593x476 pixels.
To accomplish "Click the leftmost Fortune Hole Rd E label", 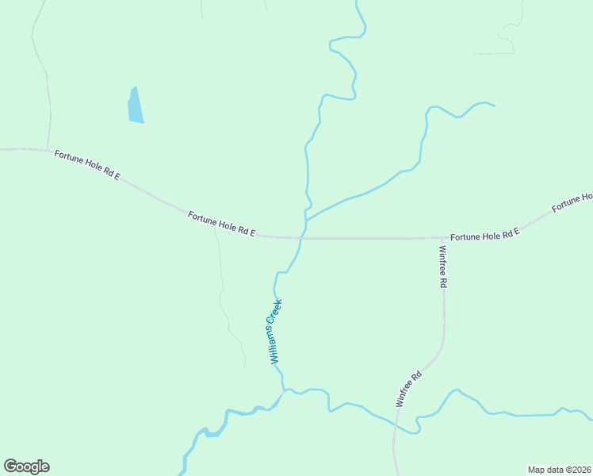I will (87, 164).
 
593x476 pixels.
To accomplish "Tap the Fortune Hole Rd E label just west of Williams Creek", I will (222, 224).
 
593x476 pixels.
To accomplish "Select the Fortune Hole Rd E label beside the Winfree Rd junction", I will (484, 236).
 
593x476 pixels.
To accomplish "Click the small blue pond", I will (136, 106).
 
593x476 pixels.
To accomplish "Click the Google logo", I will (26, 466).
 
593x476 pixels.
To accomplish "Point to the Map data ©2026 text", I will (558, 469).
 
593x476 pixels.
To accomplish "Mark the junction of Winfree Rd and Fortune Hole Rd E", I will (443, 237).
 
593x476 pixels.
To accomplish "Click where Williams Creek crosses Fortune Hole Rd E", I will (302, 237).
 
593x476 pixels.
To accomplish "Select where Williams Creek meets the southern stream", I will (283, 391).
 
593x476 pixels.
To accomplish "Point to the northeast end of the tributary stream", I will (494, 106).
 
